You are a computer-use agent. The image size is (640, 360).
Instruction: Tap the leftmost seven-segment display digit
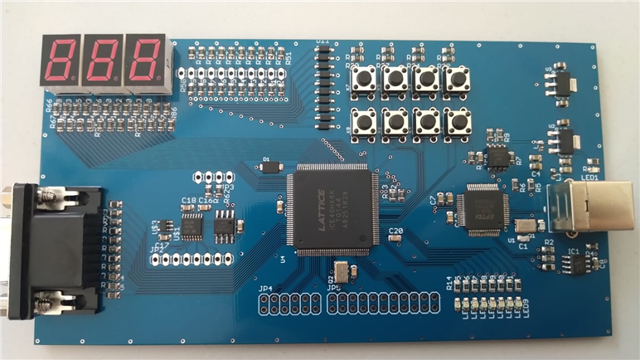tap(61, 61)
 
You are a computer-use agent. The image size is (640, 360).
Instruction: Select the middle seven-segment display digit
tap(104, 61)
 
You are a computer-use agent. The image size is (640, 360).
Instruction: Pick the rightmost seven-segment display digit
tap(146, 61)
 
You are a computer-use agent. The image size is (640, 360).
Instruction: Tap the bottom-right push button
tap(456, 122)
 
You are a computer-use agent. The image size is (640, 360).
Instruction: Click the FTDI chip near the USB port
tap(482, 206)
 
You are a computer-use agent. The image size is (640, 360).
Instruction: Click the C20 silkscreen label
tap(395, 230)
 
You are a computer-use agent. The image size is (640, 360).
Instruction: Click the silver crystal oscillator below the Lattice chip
tap(341, 270)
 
